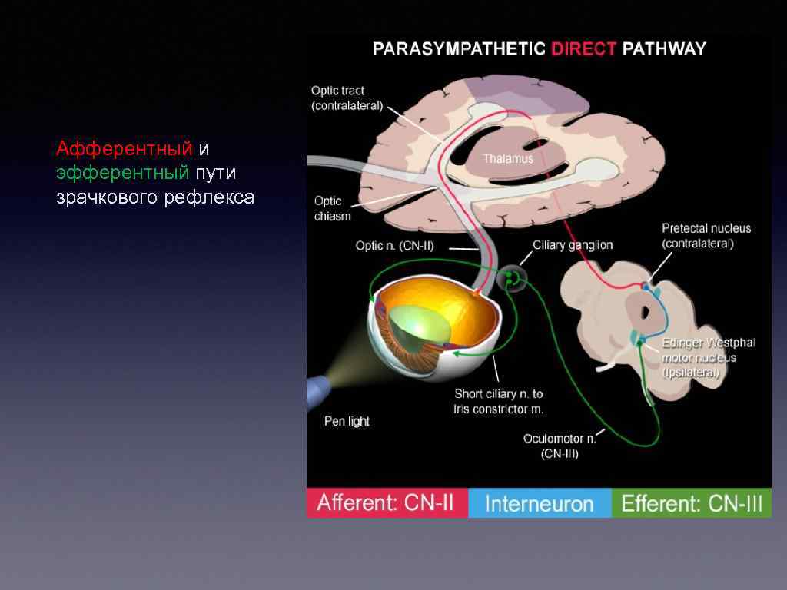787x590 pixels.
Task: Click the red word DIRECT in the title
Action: (583, 50)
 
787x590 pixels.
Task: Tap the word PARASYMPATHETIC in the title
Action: (459, 50)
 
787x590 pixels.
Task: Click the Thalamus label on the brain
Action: (507, 159)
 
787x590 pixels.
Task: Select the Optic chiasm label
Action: (332, 208)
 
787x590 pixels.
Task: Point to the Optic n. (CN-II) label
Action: (395, 246)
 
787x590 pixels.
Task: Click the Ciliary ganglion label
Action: (573, 245)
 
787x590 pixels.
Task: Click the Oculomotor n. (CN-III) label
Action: (560, 446)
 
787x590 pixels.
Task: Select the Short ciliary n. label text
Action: (498, 401)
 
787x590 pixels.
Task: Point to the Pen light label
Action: (347, 421)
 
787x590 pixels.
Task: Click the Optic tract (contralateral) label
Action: (347, 98)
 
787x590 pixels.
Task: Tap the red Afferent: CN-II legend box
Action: (386, 504)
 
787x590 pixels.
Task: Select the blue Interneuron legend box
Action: (540, 504)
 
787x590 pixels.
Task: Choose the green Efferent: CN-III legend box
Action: (692, 504)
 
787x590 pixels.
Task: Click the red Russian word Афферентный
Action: (124, 147)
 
